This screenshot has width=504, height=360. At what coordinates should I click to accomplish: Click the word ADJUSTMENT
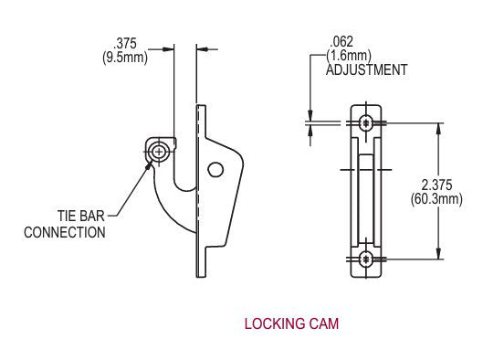(366, 69)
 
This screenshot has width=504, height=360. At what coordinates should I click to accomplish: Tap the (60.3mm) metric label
(464, 198)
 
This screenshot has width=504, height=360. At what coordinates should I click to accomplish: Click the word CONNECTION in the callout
(65, 232)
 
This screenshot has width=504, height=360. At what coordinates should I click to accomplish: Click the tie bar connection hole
(161, 150)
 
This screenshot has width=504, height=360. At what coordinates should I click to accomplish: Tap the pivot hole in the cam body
(215, 169)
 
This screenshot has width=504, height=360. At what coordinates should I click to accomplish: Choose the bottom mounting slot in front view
(365, 259)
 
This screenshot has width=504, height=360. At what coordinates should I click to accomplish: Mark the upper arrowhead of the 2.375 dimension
(441, 127)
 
